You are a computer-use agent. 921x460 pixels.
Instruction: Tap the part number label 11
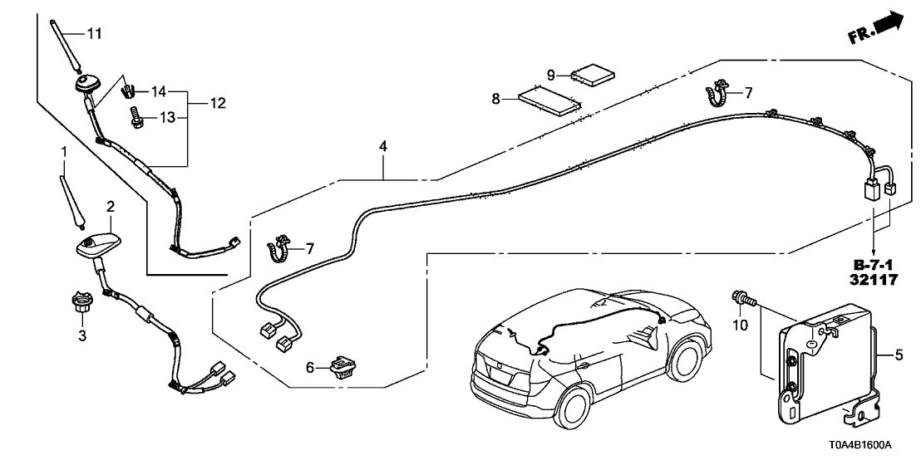(93, 33)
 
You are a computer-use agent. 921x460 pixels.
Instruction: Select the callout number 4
(382, 147)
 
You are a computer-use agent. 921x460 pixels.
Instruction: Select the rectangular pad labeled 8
(549, 102)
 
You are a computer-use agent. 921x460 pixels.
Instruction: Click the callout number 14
(158, 91)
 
